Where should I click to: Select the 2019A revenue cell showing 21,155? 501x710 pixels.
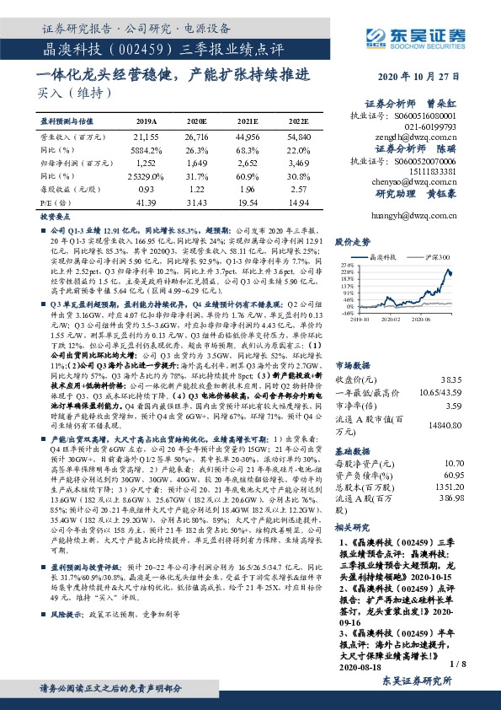pyautogui.click(x=147, y=135)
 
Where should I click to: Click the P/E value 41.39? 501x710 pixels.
pyautogui.click(x=147, y=203)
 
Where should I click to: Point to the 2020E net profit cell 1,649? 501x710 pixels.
pyautogui.click(x=196, y=162)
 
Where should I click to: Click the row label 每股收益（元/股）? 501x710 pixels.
pyautogui.click(x=71, y=190)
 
